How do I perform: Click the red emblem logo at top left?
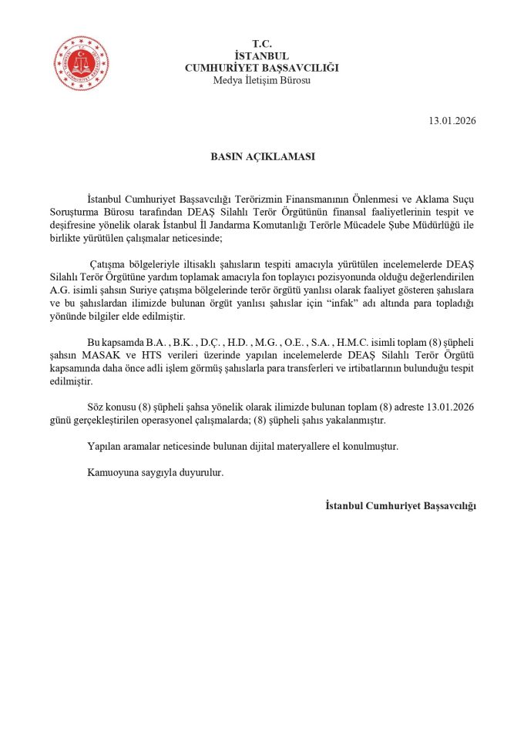[81, 63]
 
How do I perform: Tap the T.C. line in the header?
[262, 43]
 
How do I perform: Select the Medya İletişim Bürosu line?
[262, 80]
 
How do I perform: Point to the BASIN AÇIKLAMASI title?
[263, 156]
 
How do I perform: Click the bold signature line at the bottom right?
[401, 505]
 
